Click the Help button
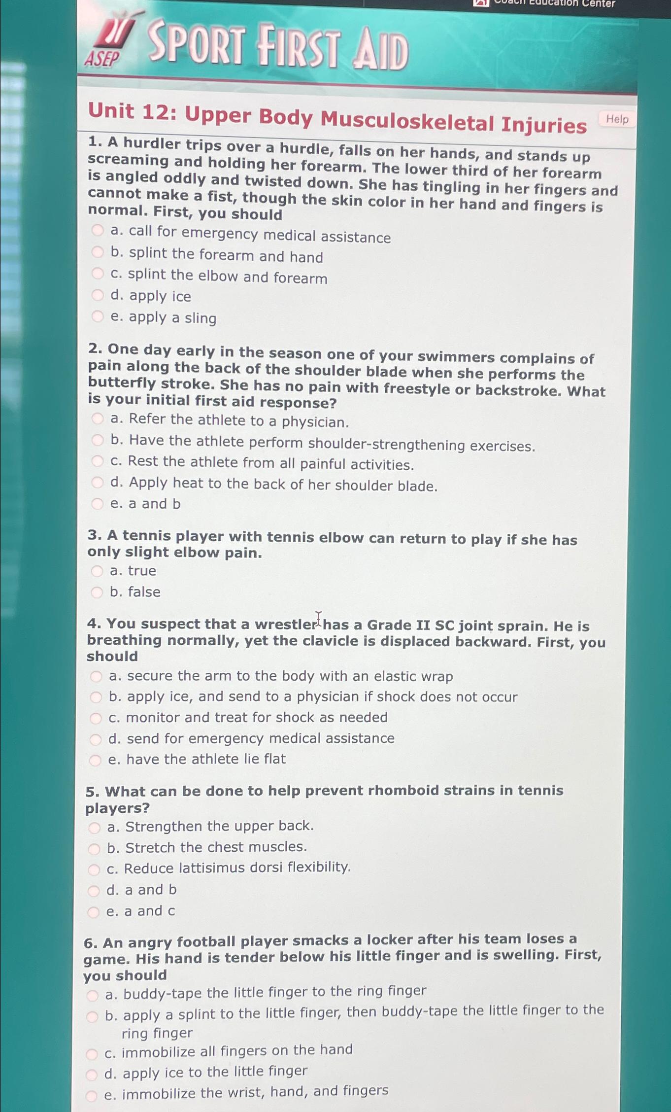click(617, 119)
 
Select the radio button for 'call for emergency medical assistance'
click(98, 230)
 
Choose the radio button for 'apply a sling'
click(98, 316)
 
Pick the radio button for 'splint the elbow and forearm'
click(98, 274)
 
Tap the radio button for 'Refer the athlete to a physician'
click(98, 419)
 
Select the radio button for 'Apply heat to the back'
click(98, 483)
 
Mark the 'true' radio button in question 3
click(97, 571)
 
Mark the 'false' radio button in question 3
click(97, 592)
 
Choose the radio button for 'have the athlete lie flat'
click(95, 760)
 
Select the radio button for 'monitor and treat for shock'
click(96, 718)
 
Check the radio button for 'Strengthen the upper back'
click(94, 827)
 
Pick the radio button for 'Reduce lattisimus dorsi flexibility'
click(94, 869)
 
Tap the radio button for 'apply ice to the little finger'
click(92, 1074)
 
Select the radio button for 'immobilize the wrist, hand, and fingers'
click(91, 1096)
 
